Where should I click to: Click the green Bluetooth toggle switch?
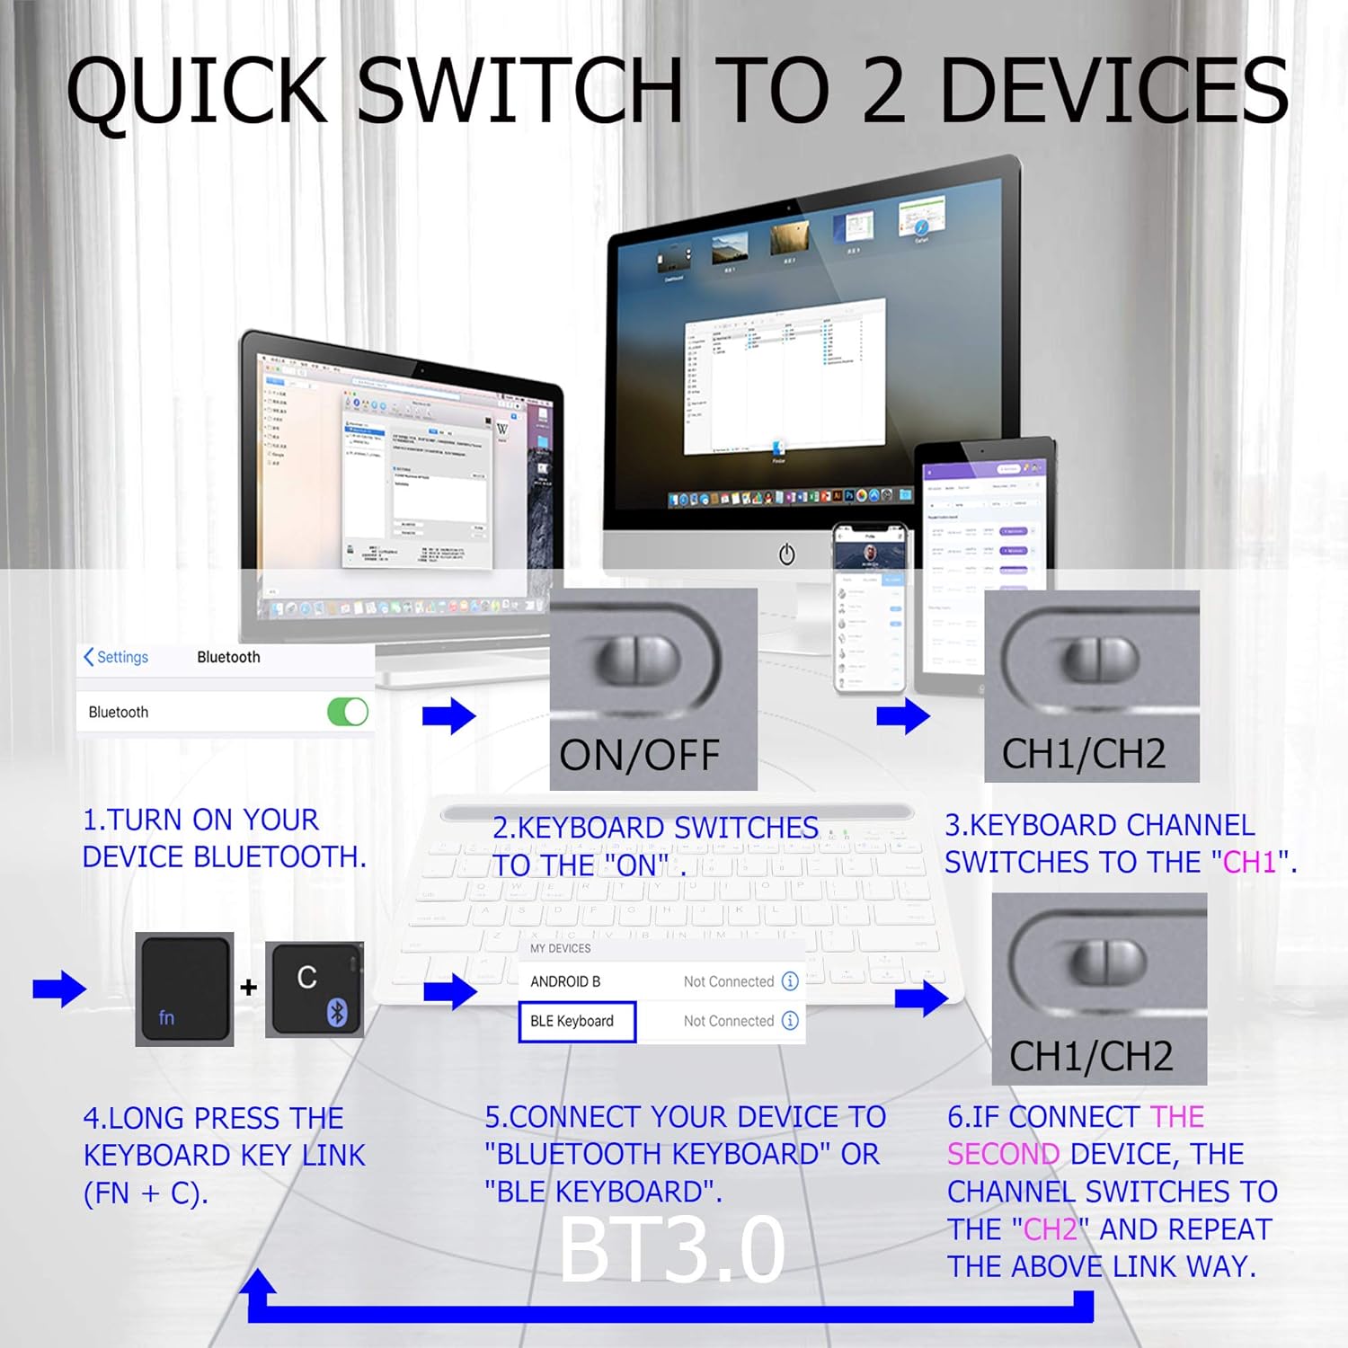tap(348, 712)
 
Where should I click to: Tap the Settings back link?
tap(116, 657)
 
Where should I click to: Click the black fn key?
tap(184, 989)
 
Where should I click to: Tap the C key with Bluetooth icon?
tap(315, 989)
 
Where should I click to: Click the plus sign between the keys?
tap(249, 988)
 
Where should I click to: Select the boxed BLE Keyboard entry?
tap(577, 1022)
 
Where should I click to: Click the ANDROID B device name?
tap(565, 981)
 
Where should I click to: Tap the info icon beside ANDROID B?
tap(790, 981)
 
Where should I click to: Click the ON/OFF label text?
tap(639, 755)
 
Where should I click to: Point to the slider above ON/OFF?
tap(638, 660)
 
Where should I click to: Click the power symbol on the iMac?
tap(786, 554)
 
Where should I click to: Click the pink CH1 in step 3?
tap(1249, 862)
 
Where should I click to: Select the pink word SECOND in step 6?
tap(1004, 1154)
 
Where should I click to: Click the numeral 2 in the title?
tap(882, 90)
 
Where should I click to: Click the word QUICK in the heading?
tap(197, 90)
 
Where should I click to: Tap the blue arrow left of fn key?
tap(59, 989)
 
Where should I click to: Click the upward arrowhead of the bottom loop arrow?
tap(259, 1283)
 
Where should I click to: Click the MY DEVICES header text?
tap(560, 948)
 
